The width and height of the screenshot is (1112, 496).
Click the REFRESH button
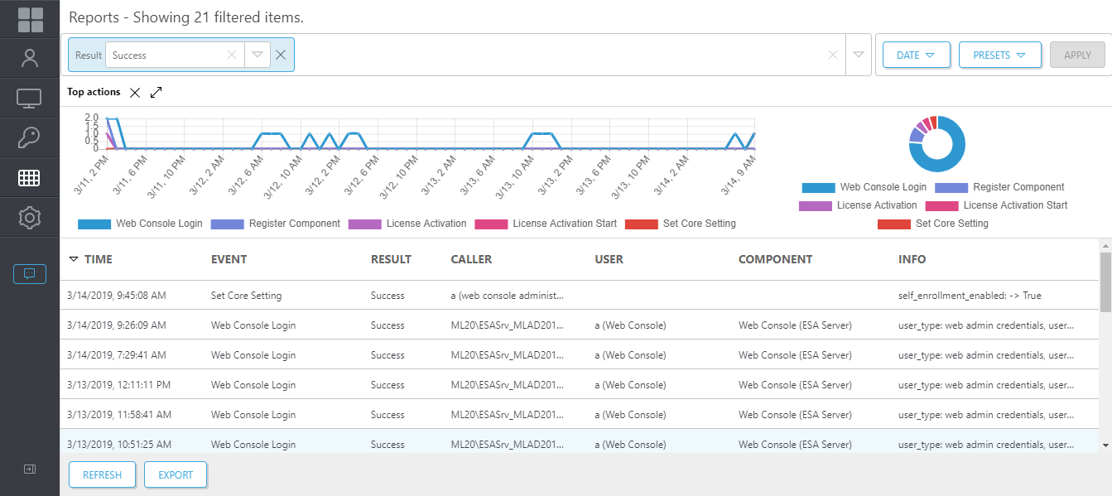tap(102, 474)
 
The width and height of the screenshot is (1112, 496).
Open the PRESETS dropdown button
tap(999, 55)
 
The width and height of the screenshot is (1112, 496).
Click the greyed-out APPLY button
tap(1077, 55)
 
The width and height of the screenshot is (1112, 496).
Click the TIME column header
tap(98, 259)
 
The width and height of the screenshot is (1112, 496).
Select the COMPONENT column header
tap(775, 259)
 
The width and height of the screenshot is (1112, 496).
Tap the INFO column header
tap(912, 259)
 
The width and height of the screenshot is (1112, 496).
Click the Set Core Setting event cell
tap(246, 296)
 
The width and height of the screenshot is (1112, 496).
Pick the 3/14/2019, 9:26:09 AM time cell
tap(116, 325)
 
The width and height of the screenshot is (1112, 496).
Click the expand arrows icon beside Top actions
tap(156, 93)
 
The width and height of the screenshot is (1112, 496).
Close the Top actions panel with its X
tap(136, 93)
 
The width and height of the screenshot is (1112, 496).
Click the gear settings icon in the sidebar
tap(30, 218)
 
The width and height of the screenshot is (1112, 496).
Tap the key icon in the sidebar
tap(30, 137)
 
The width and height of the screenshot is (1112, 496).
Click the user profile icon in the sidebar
tap(30, 58)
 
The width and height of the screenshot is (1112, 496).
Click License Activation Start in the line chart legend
tap(564, 224)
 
